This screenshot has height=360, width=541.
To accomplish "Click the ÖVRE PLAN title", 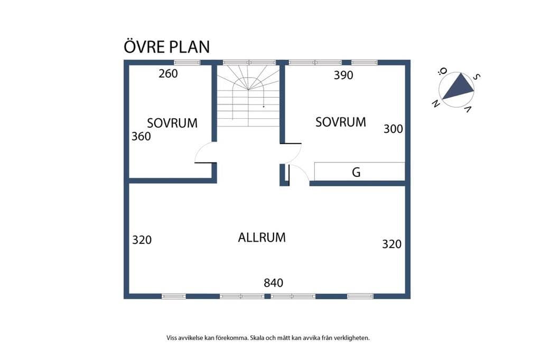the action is tap(166, 46).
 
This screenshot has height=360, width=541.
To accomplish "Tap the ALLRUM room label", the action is tap(262, 238).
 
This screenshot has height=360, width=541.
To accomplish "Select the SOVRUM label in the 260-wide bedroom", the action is tap(172, 123).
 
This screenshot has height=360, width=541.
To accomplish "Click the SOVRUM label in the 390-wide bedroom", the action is tap(341, 122).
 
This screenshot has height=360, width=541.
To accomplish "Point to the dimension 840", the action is tap(274, 283).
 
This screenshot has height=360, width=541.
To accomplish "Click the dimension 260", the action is tap(169, 73).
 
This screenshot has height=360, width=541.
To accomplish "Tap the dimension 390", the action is tap(343, 75).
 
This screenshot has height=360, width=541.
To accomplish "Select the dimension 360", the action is tap(141, 137).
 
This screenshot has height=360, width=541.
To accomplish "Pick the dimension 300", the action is tap(393, 129).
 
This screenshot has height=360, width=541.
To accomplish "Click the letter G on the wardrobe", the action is tap(357, 172).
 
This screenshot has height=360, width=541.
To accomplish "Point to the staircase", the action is tap(248, 96).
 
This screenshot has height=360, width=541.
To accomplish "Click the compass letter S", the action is tap(476, 77).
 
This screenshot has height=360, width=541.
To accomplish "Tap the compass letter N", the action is tap(436, 103).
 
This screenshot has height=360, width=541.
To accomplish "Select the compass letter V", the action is tap(468, 109).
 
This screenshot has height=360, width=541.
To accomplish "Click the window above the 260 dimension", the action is tap(187, 62).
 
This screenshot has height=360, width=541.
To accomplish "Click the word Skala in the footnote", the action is tap(258, 338).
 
